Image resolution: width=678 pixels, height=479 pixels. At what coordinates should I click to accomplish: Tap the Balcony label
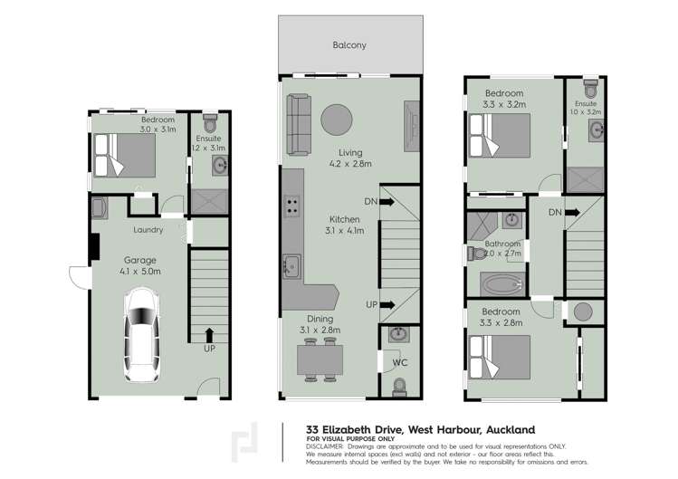coord(349,44)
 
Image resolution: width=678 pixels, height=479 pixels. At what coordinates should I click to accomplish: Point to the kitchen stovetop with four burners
coord(291,206)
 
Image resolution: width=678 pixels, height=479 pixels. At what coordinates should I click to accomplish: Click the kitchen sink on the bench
coord(291,265)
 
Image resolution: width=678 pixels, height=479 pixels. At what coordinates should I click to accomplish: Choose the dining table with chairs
coord(320,361)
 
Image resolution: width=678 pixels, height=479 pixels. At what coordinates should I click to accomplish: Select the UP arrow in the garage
coord(210,336)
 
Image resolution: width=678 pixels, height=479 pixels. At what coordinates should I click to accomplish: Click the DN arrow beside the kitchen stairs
coord(387,203)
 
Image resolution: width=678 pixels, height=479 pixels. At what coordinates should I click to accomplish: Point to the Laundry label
coord(148,230)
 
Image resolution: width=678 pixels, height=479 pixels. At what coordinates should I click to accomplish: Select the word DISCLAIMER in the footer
coord(325,446)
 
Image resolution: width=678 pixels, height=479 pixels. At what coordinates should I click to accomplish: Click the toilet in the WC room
coord(399,387)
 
